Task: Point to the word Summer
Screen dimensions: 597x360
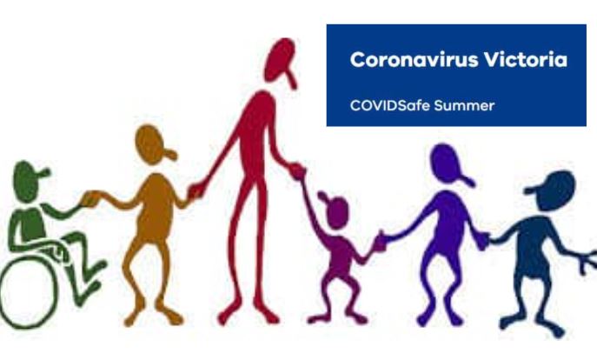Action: click(464, 105)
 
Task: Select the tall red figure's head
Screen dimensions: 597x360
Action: click(280, 60)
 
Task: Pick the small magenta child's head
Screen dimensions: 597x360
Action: click(335, 210)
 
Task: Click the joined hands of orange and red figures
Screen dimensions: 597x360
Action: click(196, 190)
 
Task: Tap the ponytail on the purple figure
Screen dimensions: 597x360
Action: click(467, 180)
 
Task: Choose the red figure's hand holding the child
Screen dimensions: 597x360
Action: click(296, 170)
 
